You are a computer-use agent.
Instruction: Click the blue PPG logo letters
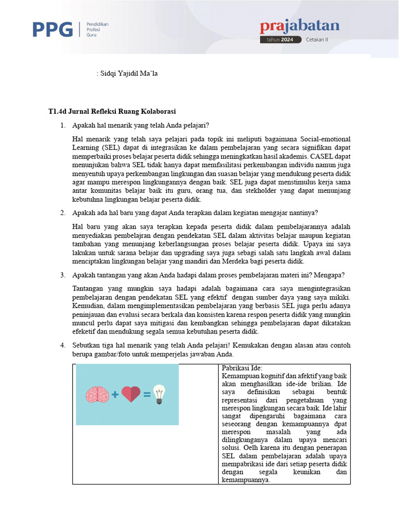tap(52, 30)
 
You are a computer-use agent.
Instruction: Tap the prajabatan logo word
tap(299, 26)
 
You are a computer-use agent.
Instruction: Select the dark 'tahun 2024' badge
tap(280, 39)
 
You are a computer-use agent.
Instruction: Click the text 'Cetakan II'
tap(317, 39)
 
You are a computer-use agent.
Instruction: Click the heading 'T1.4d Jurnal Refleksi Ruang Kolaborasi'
tap(112, 111)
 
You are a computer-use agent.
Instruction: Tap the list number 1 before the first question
tap(62, 125)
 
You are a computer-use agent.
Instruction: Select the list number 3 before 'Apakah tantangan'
tap(62, 275)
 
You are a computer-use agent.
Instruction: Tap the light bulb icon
tap(160, 394)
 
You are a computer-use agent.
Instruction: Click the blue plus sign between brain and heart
tap(114, 395)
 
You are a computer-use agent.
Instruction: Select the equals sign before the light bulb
tap(147, 395)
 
